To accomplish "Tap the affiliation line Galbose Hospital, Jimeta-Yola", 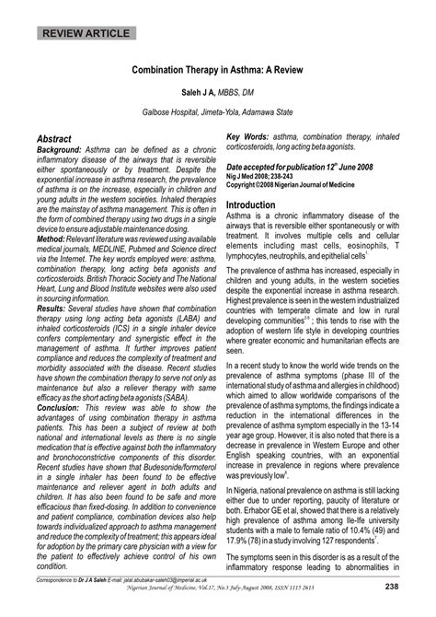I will coord(218,111).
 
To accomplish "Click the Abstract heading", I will coord(60,136).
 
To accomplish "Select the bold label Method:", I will coord(52,238).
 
